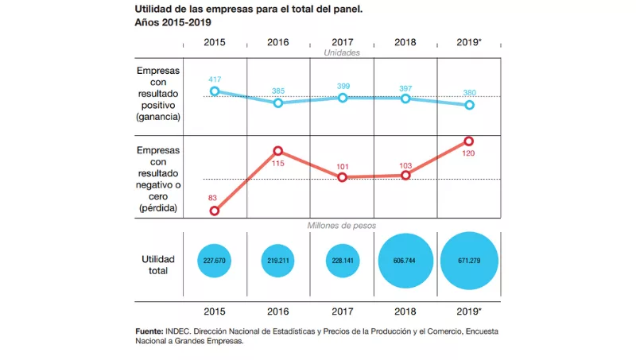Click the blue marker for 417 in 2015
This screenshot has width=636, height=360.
215,91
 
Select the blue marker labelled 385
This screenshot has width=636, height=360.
278,103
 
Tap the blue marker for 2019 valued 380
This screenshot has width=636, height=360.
469,105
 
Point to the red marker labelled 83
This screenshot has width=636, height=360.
215,211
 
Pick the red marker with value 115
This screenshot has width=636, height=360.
278,150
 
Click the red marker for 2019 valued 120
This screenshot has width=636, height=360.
469,141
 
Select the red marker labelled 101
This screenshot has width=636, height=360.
342,177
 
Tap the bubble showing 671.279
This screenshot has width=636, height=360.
469,261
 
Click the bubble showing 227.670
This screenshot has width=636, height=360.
215,261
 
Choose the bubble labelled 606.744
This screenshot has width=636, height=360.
405,261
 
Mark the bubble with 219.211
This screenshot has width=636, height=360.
278,261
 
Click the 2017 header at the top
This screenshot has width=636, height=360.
342,41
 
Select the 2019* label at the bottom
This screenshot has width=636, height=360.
469,312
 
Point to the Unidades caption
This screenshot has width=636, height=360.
342,53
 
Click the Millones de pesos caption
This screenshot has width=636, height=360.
342,226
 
